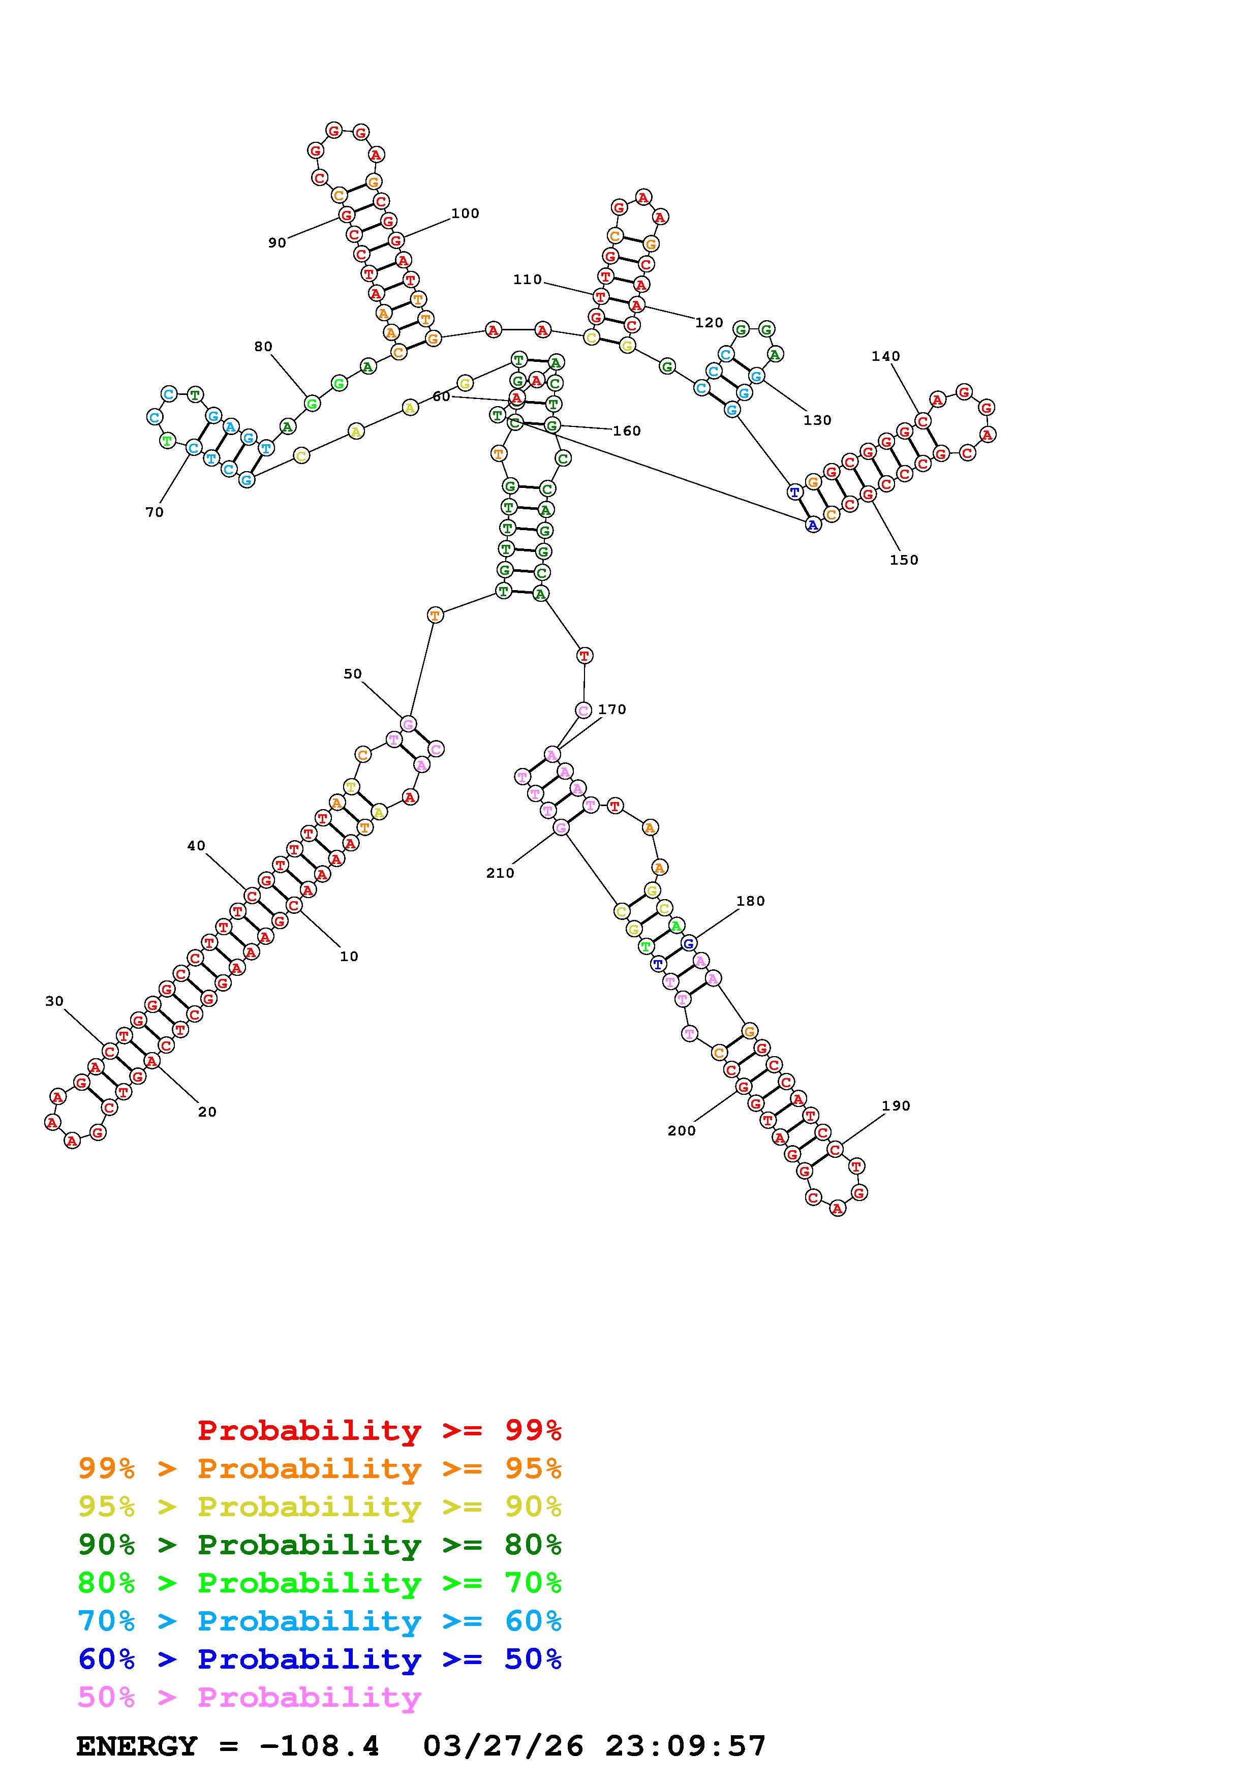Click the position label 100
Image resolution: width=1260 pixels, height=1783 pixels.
pos(465,213)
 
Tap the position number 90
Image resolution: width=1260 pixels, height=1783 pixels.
pos(277,243)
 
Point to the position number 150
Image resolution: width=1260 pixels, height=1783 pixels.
pos(904,560)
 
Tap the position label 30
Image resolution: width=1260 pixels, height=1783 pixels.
pos(54,1001)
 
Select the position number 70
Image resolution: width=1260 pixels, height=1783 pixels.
pos(155,512)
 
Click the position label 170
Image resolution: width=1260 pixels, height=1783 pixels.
pos(612,709)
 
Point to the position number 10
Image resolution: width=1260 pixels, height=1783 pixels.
pos(349,956)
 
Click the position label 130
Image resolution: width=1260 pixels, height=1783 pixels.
pos(817,420)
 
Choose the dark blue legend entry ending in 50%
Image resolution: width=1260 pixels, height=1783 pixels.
pos(319,1659)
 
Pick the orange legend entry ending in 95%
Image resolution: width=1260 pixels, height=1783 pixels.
pos(319,1468)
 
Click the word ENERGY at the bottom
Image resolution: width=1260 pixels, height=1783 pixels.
pos(137,1746)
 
